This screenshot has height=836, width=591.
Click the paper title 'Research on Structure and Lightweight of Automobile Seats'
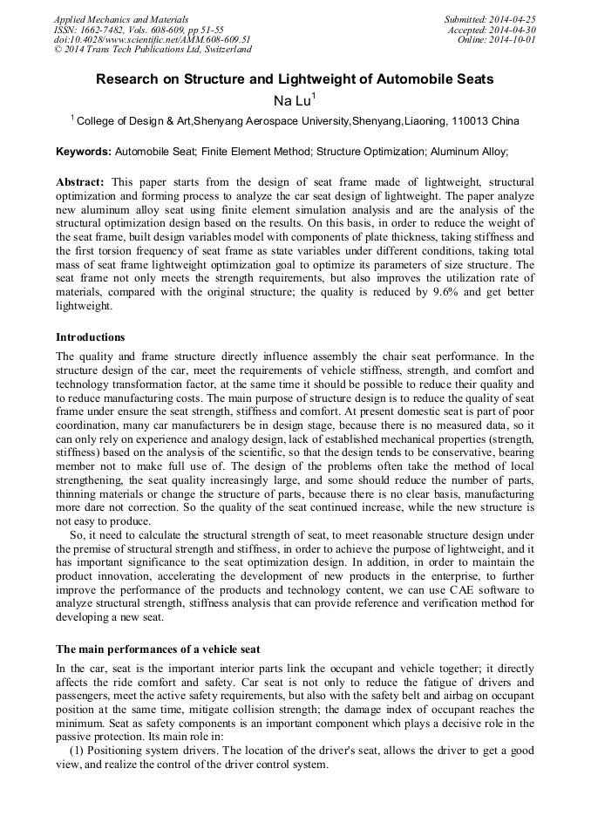tap(295, 79)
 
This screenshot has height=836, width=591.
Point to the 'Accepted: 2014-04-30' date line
tap(495, 30)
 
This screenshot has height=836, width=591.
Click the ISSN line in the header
tap(139, 30)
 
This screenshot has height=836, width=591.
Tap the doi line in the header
tap(152, 39)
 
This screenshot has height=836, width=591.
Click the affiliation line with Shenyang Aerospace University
tap(295, 121)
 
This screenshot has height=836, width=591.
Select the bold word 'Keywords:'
tap(83, 152)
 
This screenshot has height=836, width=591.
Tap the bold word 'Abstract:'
tap(79, 181)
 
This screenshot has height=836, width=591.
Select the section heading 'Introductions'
tap(90, 337)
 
